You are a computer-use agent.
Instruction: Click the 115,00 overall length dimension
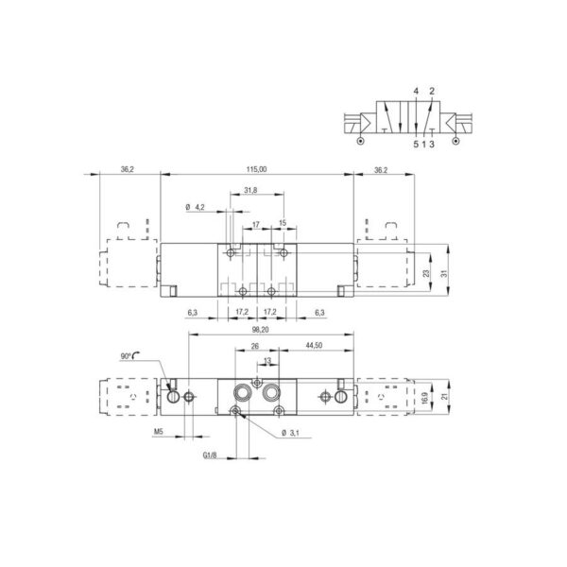point(256,169)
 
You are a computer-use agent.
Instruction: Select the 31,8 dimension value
point(250,190)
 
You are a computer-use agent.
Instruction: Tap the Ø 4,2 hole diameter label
point(195,207)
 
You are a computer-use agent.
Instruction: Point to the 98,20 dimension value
point(260,330)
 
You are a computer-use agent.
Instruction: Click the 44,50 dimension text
point(314,345)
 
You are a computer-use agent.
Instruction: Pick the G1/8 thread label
point(210,455)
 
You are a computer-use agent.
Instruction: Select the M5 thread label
point(159,432)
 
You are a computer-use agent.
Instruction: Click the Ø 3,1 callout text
point(290,433)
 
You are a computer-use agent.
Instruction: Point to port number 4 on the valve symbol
point(416,91)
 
